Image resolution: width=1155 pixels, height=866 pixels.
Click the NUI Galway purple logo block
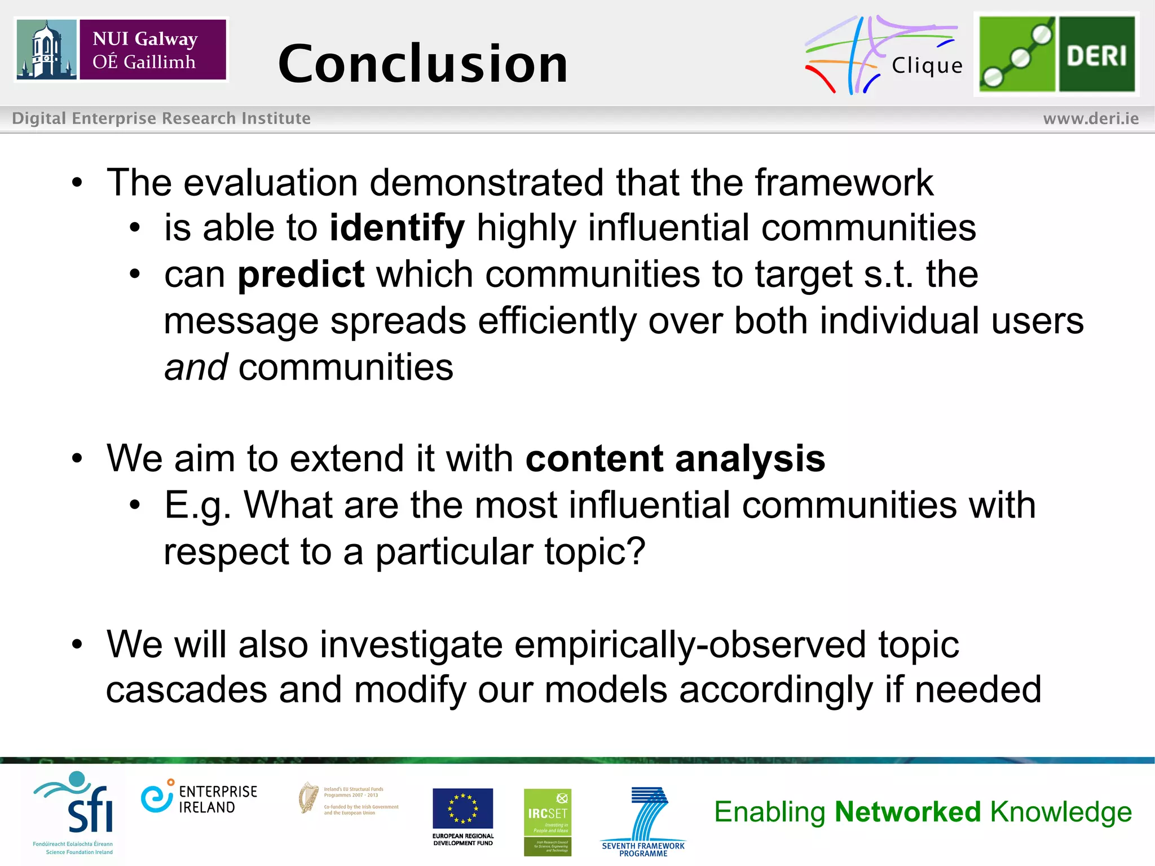click(152, 50)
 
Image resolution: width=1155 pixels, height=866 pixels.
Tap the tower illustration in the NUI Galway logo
click(46, 50)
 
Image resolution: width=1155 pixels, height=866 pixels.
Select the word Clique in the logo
click(927, 66)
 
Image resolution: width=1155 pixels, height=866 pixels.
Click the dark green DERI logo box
click(1096, 55)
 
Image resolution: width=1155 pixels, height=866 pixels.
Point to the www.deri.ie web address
click(1091, 118)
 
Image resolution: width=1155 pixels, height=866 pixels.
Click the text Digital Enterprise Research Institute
click(161, 118)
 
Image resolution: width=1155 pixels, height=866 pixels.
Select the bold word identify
click(397, 228)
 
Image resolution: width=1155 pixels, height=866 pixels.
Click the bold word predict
click(301, 275)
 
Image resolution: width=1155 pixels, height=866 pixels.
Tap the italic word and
click(196, 367)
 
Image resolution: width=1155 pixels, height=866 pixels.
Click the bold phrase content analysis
click(675, 458)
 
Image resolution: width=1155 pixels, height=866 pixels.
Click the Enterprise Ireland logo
click(199, 799)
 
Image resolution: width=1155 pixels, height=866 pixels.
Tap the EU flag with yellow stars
click(462, 808)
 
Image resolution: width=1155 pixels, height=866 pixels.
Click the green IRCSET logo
click(547, 821)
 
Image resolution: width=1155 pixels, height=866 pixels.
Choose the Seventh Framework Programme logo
click(643, 821)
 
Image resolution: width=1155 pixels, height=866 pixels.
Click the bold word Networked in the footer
click(908, 812)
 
